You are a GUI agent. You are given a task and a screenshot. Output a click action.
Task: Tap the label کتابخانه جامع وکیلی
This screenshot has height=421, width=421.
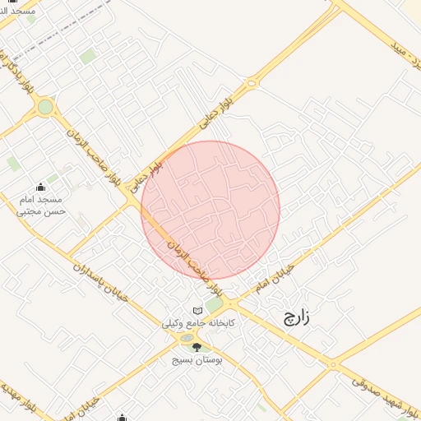point(199,324)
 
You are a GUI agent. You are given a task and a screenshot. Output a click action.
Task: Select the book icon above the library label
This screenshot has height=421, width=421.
point(197,310)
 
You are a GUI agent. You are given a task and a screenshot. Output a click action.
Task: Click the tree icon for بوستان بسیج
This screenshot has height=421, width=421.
point(196,346)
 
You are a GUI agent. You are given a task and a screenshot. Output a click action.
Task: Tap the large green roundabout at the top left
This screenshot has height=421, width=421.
point(45,106)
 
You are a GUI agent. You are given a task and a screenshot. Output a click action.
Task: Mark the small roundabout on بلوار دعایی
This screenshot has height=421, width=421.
point(251,81)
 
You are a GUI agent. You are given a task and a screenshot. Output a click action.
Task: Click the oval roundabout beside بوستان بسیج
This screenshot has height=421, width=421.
point(188,338)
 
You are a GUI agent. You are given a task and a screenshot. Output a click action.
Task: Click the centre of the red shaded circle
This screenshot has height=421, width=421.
point(210,210)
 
